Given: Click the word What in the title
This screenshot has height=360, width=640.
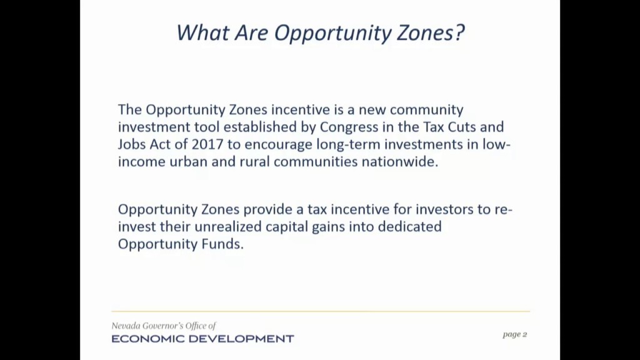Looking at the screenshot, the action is pyautogui.click(x=202, y=32).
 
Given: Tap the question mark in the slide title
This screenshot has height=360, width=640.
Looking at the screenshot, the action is pyautogui.click(x=459, y=32).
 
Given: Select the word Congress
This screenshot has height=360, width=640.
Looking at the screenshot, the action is pyautogui.click(x=349, y=127).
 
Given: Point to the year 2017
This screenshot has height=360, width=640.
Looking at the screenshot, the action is pyautogui.click(x=207, y=144).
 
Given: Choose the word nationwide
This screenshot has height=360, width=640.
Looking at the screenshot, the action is pyautogui.click(x=399, y=162).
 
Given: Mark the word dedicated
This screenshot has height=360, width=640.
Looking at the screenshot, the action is pyautogui.click(x=409, y=226).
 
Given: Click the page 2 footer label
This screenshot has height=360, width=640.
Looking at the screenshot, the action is pyautogui.click(x=515, y=335).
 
